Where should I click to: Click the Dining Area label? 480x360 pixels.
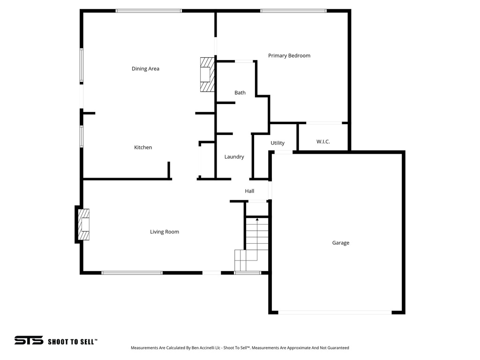pos(145,69)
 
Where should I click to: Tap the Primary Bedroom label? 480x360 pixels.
pos(289,56)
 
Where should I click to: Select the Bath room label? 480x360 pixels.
pos(240,93)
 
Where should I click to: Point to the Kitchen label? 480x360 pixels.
pos(143,148)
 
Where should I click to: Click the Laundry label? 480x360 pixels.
pos(234,157)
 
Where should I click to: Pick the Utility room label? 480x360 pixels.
pos(277,143)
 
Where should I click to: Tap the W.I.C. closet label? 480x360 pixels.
pos(323,142)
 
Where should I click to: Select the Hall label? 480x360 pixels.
pos(249,191)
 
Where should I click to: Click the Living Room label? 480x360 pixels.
pos(165,232)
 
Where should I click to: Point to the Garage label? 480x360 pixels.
pos(341,243)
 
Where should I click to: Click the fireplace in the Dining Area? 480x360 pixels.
pos(207,75)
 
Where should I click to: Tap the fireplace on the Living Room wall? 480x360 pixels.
pos(83,225)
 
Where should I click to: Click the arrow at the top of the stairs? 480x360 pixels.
pos(257,219)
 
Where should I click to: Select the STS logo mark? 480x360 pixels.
pos(29,341)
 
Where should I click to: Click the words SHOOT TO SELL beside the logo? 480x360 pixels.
pos(73,342)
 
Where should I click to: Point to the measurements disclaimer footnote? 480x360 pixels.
pos(240,348)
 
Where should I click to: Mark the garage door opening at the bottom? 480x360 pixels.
pos(335,312)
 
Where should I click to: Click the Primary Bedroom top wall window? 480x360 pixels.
pos(293,11)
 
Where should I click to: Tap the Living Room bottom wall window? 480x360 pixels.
pos(132,272)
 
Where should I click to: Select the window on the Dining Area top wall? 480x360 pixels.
pos(149,11)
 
